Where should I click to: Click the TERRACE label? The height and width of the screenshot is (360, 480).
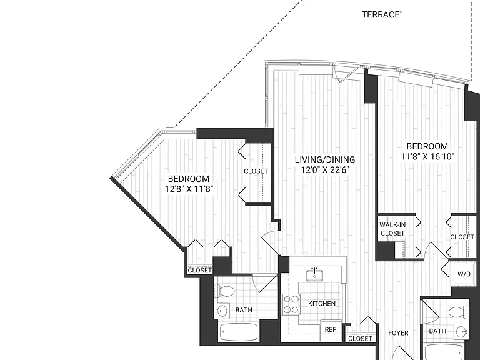pos(382,15)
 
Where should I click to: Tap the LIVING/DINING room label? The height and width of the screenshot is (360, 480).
pos(325,159)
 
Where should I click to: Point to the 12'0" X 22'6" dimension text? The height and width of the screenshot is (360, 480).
pos(325,169)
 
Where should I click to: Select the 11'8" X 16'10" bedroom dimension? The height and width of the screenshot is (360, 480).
pos(427,156)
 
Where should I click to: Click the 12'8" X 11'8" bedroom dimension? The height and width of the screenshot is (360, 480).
pos(189,189)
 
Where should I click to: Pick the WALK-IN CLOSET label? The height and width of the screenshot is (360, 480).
pos(392,229)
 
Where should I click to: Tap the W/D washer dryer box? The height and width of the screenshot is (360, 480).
pos(464,274)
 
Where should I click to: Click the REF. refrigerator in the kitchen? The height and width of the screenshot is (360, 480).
pos(331,330)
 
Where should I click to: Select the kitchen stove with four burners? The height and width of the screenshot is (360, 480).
pos(291,304)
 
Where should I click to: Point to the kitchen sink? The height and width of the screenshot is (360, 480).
pos(315,274)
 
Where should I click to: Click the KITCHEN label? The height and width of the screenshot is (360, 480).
pos(322,304)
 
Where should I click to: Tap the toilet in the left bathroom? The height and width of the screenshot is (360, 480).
pos(225,291)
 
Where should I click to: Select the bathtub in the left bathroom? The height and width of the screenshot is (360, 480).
pos(239,332)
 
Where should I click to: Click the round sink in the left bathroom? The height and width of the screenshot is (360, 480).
pos(222,311)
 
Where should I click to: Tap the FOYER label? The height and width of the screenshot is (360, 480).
pos(398,333)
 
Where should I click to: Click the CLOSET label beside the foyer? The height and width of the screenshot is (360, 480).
pos(360,339)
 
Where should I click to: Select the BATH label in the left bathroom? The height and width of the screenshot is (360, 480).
pos(244,310)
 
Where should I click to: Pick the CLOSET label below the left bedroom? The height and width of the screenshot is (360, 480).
pos(199,270)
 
